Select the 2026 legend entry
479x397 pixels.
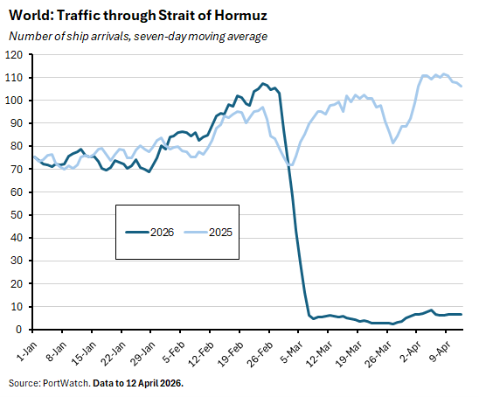tap(149, 233)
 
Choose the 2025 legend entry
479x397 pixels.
tap(210, 233)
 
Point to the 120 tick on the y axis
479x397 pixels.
tap(14, 54)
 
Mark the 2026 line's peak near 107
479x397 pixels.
tap(263, 84)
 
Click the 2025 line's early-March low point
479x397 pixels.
tap(291, 165)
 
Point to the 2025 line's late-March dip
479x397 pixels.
tap(393, 143)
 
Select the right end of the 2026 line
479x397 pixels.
tap(462, 314)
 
